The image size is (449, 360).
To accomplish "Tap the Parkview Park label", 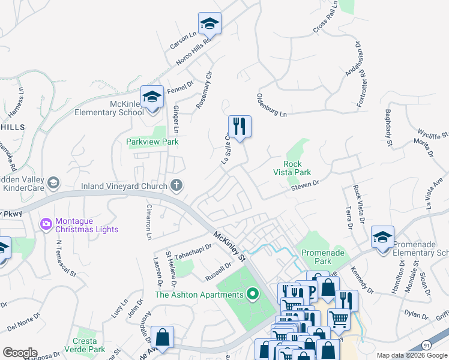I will click(x=152, y=142).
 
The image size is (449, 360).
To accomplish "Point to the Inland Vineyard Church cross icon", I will click(x=176, y=185).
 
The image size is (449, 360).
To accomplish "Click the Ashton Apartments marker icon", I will click(x=253, y=294).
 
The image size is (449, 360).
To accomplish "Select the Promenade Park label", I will click(x=323, y=257).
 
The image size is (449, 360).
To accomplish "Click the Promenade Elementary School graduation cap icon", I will click(x=382, y=237).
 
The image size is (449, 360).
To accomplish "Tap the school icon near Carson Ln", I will click(x=210, y=24).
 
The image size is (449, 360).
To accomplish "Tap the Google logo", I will click(x=19, y=353).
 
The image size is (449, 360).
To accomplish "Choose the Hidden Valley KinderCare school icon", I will click(x=53, y=182).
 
